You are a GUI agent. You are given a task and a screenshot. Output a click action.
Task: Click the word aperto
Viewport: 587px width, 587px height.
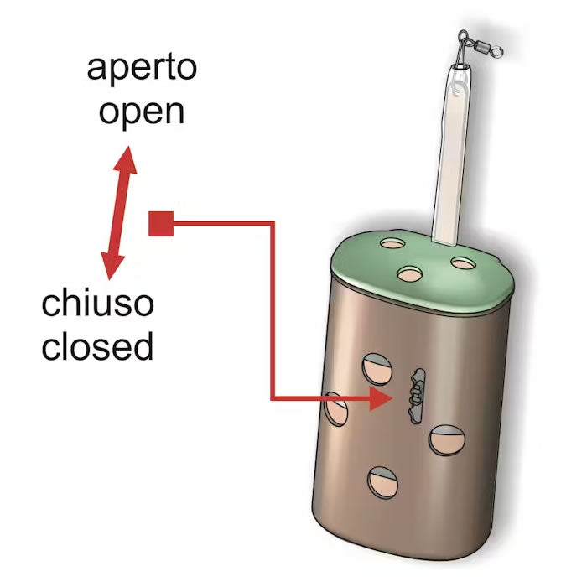[x=142, y=69]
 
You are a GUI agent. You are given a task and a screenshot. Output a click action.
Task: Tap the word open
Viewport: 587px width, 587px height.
[x=142, y=112]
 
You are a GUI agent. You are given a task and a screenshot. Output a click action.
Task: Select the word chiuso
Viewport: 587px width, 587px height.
[x=98, y=303]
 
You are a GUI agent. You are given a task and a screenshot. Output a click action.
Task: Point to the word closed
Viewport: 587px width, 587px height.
[x=97, y=345]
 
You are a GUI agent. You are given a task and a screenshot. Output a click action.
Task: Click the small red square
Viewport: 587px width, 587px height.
[x=161, y=224]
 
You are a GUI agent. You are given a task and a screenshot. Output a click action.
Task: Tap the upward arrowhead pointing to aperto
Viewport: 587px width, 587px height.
[x=126, y=160]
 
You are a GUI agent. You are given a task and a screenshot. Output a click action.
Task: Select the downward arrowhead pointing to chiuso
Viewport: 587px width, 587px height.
[x=112, y=266]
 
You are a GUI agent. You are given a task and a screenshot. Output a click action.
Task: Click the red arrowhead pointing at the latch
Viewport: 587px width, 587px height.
[x=381, y=398]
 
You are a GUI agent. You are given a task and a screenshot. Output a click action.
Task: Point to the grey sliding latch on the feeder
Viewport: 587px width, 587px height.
[x=418, y=396]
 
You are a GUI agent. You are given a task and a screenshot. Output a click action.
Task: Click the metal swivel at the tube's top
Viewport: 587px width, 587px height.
[x=480, y=46]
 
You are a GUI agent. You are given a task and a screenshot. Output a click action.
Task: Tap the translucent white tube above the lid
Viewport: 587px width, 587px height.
[x=451, y=154]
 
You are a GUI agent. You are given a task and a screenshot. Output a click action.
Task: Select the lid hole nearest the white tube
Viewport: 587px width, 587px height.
[x=392, y=243]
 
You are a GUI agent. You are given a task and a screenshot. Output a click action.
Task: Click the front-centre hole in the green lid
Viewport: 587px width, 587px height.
[x=410, y=274]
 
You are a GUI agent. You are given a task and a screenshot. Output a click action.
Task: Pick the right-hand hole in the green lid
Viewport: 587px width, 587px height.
[x=464, y=263]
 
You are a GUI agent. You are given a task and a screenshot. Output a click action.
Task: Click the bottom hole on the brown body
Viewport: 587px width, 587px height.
[x=382, y=482]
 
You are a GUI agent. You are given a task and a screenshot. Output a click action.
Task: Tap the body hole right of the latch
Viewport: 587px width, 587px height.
[x=447, y=440]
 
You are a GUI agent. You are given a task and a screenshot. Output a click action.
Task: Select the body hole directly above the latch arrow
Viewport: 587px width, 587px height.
[x=377, y=369]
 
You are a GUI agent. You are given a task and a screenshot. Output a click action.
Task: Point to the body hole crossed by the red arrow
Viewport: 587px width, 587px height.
[x=335, y=409]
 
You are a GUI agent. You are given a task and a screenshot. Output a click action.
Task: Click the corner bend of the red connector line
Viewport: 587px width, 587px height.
[x=273, y=224]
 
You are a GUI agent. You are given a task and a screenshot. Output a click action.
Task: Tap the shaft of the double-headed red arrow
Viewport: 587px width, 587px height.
[x=119, y=213]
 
